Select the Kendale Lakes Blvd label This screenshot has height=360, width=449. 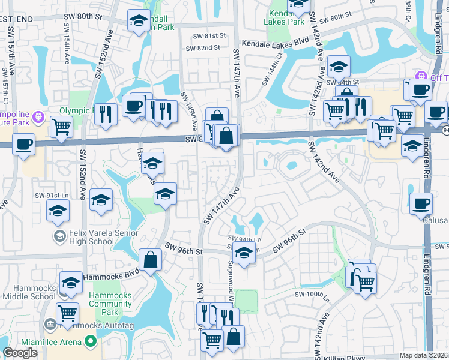click(x=274, y=44)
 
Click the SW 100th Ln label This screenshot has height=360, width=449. click(x=313, y=294)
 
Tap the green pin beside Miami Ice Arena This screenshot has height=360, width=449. click(x=91, y=342)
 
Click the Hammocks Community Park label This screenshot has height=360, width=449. click(x=110, y=299)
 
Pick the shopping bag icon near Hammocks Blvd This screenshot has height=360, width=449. click(x=150, y=260)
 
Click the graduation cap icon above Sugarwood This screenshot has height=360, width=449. click(x=244, y=253)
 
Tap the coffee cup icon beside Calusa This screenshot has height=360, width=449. click(x=421, y=204)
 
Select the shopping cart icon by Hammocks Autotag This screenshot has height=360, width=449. click(x=68, y=313)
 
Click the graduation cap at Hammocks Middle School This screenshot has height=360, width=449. click(x=71, y=281)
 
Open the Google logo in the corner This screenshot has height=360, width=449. click(x=20, y=353)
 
